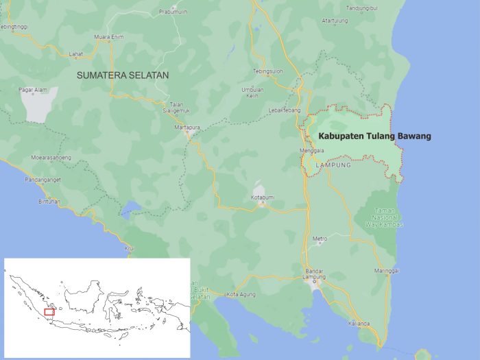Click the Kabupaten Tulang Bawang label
tap(374, 136)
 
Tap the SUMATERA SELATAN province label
tap(123, 74)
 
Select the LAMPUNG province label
tap(334, 165)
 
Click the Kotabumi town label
tap(262, 197)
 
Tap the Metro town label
tap(320, 239)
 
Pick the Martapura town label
tap(188, 127)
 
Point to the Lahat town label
tap(76, 54)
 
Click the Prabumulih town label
tap(173, 12)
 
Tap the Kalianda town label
tap(359, 323)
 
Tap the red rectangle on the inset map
tap(49, 312)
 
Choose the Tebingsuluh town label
tap(268, 71)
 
